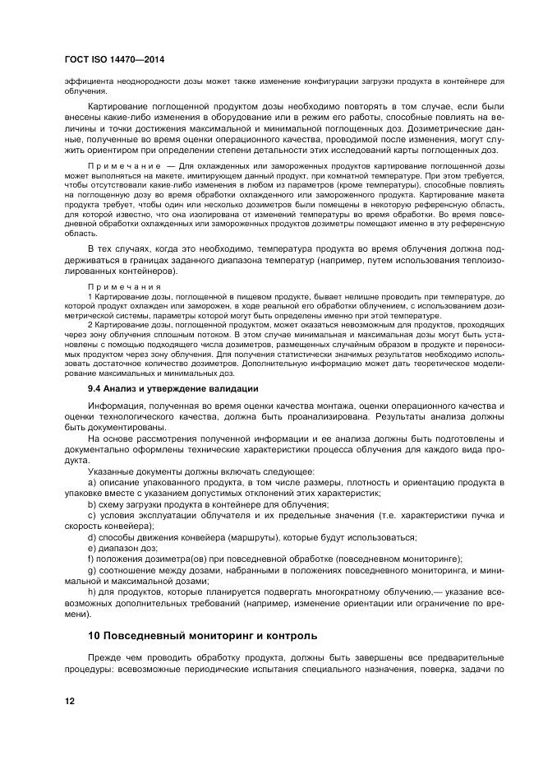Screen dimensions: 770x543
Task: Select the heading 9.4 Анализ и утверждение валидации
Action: [173, 388]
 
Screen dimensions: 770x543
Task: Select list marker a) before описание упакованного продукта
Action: [91, 480]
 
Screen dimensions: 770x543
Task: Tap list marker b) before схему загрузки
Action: [91, 503]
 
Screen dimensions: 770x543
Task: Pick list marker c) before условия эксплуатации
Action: [91, 515]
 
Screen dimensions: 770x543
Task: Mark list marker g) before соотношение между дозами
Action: [91, 570]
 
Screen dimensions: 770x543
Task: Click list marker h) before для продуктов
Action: [91, 592]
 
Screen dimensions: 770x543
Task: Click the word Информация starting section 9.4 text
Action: [116, 406]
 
